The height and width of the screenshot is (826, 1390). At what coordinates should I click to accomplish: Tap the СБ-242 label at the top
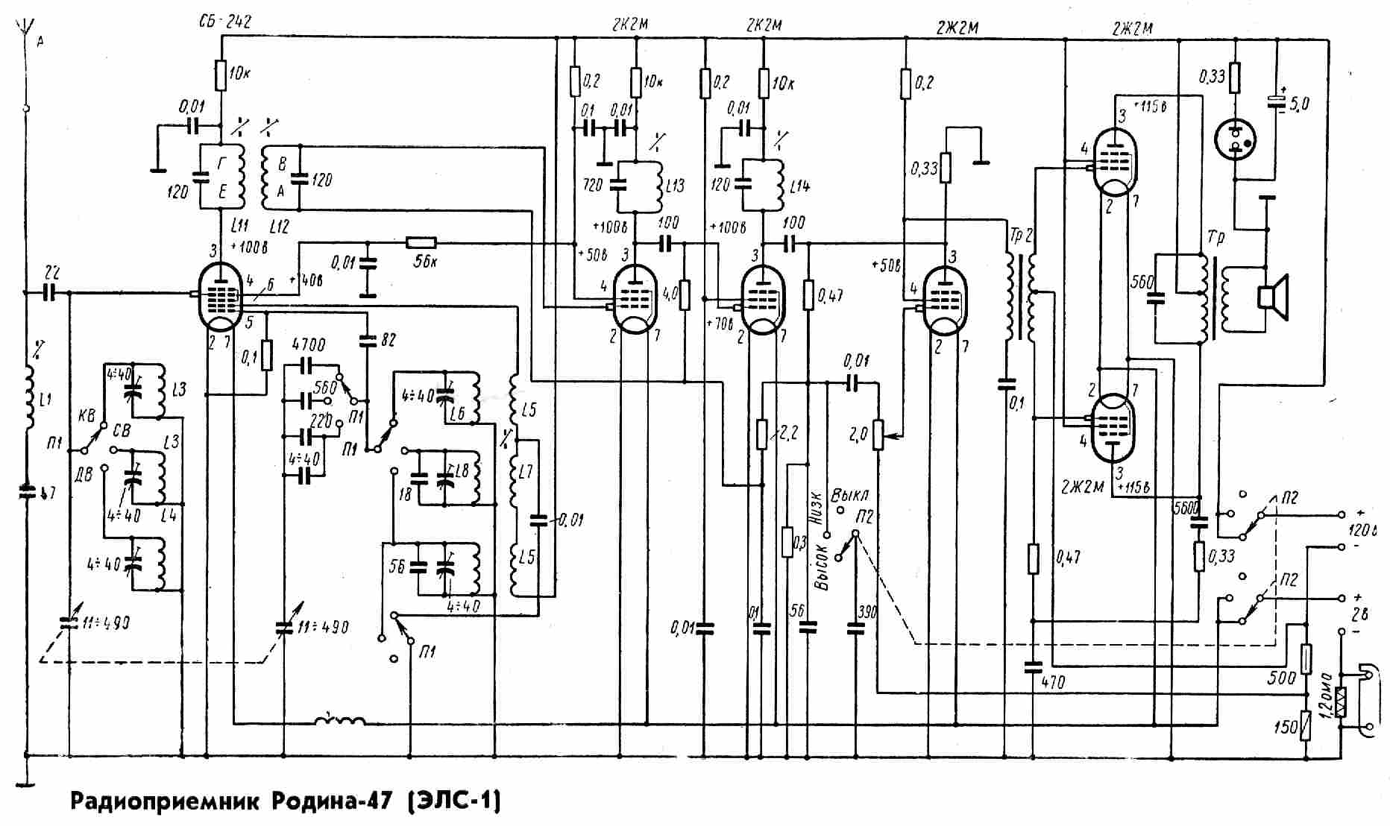(x=225, y=22)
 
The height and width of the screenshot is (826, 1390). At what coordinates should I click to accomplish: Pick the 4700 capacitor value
(x=308, y=345)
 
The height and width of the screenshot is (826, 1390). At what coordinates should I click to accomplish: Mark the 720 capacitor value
(x=593, y=183)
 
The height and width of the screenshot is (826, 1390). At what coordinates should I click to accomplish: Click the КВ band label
(x=87, y=417)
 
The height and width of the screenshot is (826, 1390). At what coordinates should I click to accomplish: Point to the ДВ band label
(x=84, y=473)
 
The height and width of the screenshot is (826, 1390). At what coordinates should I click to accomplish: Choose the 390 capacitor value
(x=867, y=612)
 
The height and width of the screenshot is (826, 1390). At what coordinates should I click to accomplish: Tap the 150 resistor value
(x=1286, y=725)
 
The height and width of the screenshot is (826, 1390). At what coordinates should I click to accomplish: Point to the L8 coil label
(x=462, y=471)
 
